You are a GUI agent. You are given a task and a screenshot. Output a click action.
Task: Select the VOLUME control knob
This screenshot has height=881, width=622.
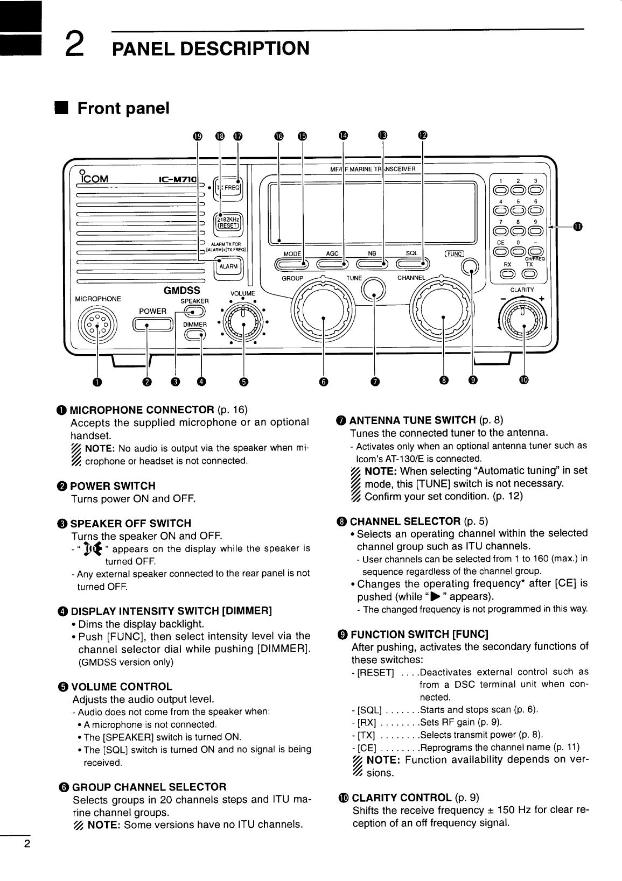coord(243,323)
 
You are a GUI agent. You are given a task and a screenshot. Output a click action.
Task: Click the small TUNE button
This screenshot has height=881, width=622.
coord(374,292)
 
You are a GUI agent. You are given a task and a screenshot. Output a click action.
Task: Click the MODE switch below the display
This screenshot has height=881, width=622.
coord(292,264)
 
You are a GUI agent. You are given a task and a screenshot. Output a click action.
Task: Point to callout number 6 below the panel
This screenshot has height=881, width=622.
coord(323,381)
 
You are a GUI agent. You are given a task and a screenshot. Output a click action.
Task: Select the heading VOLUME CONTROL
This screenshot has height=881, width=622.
coord(122,687)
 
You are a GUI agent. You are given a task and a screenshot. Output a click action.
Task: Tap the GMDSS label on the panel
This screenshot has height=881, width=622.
coord(182,290)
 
